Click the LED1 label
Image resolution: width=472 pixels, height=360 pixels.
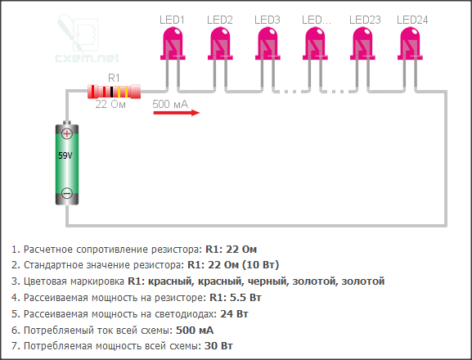[x=172, y=20]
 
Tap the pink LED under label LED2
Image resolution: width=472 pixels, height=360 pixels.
[x=220, y=43]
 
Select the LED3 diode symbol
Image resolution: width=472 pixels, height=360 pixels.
[x=268, y=43]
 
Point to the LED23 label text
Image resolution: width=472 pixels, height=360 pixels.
[x=365, y=20]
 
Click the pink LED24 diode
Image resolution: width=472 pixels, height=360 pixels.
[x=410, y=43]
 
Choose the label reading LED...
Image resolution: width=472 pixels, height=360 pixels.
[x=317, y=20]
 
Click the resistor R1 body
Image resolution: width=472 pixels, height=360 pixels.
[x=114, y=92]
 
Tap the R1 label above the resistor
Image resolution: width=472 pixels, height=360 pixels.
[x=114, y=78]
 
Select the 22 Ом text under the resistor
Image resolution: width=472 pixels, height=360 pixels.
[x=110, y=105]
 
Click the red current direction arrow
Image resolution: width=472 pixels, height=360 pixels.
[x=177, y=113]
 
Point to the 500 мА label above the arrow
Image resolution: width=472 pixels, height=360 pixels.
[x=170, y=104]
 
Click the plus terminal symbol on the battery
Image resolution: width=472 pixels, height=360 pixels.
[x=67, y=133]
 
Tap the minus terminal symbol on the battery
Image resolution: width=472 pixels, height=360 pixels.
[x=67, y=193]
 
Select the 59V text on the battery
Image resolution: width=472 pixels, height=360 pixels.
[x=65, y=155]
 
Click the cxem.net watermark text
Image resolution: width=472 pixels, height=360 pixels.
[x=88, y=57]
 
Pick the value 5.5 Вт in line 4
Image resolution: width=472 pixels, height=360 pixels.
[x=245, y=297]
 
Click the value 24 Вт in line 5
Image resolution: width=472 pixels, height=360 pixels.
[x=234, y=314]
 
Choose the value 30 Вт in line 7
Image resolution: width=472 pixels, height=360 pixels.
[x=218, y=346]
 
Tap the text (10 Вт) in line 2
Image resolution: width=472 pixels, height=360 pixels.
[x=261, y=265]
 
